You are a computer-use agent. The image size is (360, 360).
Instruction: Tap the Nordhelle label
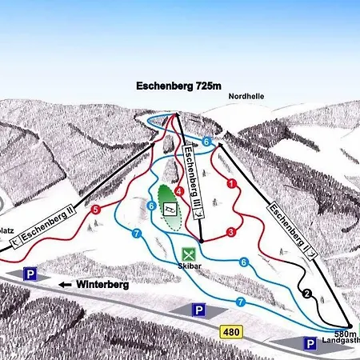click(x=246, y=97)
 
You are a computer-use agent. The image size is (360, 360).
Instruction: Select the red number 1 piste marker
click(x=231, y=184)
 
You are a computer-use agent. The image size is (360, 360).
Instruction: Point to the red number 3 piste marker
click(x=230, y=232)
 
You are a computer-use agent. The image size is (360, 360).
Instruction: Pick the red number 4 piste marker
click(x=179, y=191)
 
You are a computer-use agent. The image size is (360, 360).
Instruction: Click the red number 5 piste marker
click(x=95, y=210)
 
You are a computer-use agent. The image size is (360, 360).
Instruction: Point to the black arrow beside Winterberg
click(x=63, y=283)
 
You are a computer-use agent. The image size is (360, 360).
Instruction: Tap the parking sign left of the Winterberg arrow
click(x=30, y=274)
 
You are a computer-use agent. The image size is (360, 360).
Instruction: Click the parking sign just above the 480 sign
click(x=199, y=309)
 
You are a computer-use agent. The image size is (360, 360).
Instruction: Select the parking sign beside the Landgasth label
click(x=309, y=343)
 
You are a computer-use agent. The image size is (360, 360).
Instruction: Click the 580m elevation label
click(x=345, y=334)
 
